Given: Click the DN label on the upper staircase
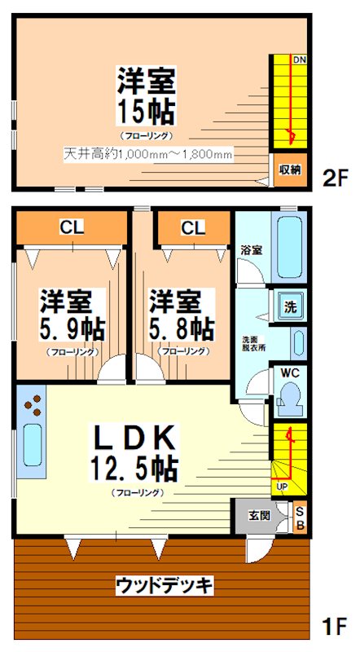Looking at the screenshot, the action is [x=299, y=59].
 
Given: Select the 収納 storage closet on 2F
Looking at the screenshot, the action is [x=290, y=170].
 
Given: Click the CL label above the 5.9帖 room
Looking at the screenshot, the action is [x=72, y=227].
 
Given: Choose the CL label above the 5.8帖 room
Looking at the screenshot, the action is [x=193, y=227].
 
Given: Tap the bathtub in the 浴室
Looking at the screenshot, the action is [x=289, y=246].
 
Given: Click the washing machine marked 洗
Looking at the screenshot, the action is [x=290, y=307].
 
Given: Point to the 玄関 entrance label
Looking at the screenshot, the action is [x=260, y=516].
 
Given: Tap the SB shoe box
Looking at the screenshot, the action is [x=301, y=517].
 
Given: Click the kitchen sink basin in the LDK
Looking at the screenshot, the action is [x=32, y=445].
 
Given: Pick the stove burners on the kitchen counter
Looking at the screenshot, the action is [x=33, y=404].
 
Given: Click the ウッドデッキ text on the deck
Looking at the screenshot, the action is [x=164, y=586].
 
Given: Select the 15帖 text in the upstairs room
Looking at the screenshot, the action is [x=145, y=112].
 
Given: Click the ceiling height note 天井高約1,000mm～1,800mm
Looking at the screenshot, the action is [x=148, y=154].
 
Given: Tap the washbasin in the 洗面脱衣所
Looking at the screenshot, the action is [x=297, y=343].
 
